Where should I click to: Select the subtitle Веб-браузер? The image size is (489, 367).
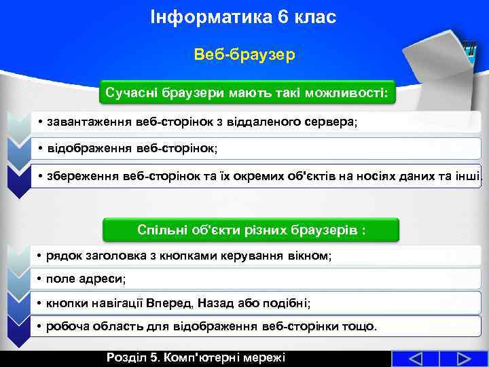244,54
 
